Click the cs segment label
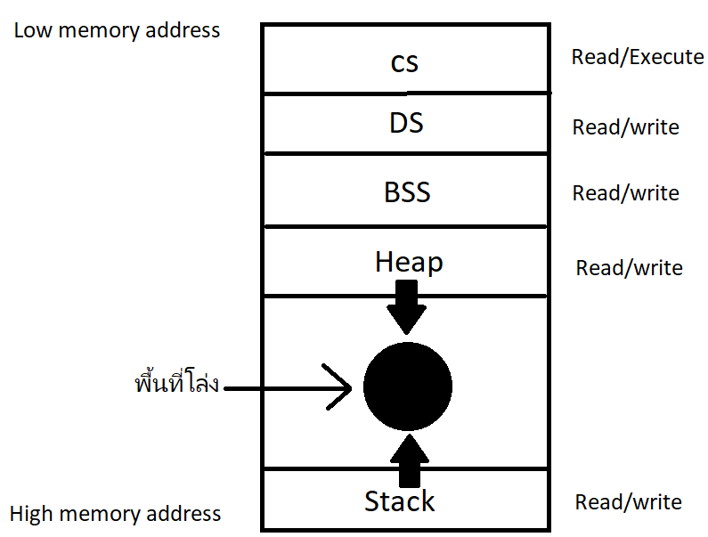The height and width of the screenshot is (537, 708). coord(404,62)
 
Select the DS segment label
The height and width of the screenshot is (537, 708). coord(406,123)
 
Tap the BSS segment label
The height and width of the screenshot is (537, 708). coord(408,191)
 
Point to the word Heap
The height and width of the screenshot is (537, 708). coord(409,262)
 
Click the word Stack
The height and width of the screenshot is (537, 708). coord(400,501)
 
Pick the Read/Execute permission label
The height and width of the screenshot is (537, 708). coord(638,57)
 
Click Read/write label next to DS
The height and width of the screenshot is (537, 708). coord(625,127)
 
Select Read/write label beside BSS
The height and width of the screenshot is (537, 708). coord(625,193)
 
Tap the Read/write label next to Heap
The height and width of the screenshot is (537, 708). coord(629,268)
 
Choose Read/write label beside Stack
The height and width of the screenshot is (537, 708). coord(628,502)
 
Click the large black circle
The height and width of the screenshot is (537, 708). coord(408,386)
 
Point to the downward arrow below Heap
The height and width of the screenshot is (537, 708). coord(408,307)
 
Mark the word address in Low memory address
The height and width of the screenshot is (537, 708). coord(182,30)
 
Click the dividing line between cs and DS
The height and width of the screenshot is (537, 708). coord(406,93)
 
